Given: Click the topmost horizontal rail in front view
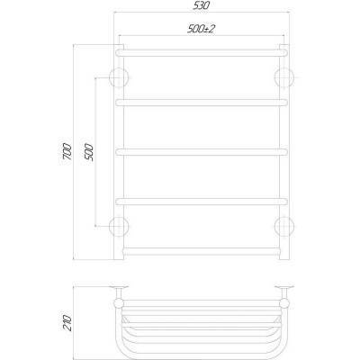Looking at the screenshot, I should click(202, 52).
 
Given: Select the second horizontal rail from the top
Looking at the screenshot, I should click(202, 101).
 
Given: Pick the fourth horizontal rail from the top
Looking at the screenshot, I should click(202, 198).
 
